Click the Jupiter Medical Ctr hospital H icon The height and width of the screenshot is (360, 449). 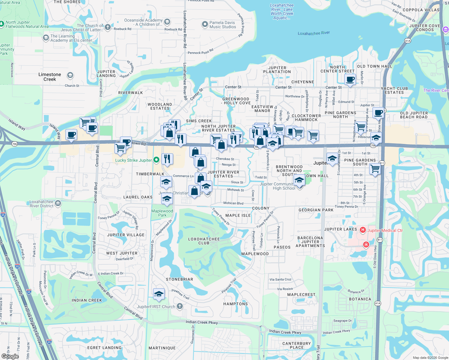pyautogui.click(x=363, y=230)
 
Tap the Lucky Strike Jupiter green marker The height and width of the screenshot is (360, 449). pyautogui.click(x=156, y=160)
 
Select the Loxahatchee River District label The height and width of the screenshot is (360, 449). pyautogui.click(x=42, y=204)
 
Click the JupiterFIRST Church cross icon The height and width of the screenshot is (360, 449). pyautogui.click(x=179, y=306)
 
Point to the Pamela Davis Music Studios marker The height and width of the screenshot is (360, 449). pyautogui.click(x=205, y=24)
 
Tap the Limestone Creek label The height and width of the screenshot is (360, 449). pyautogui.click(x=50, y=77)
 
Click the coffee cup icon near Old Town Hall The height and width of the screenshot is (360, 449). pyautogui.click(x=350, y=80)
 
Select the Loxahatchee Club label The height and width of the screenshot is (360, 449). pyautogui.click(x=204, y=241)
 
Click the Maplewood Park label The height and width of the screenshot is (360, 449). pyautogui.click(x=162, y=213)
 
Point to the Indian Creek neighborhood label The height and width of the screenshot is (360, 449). pyautogui.click(x=87, y=300)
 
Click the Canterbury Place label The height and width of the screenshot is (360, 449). pyautogui.click(x=297, y=345)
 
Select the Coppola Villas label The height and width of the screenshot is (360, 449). pyautogui.click(x=421, y=10)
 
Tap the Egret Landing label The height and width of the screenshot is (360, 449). pyautogui.click(x=104, y=348)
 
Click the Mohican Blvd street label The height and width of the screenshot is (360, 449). pyautogui.click(x=233, y=203)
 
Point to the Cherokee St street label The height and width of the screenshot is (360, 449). pyautogui.click(x=225, y=159)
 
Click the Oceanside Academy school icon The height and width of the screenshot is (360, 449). pyautogui.click(x=167, y=22)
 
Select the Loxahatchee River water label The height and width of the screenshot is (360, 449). pyautogui.click(x=314, y=33)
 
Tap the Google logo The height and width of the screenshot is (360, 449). pyautogui.click(x=10, y=356)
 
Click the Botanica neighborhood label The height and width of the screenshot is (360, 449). pyautogui.click(x=360, y=299)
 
